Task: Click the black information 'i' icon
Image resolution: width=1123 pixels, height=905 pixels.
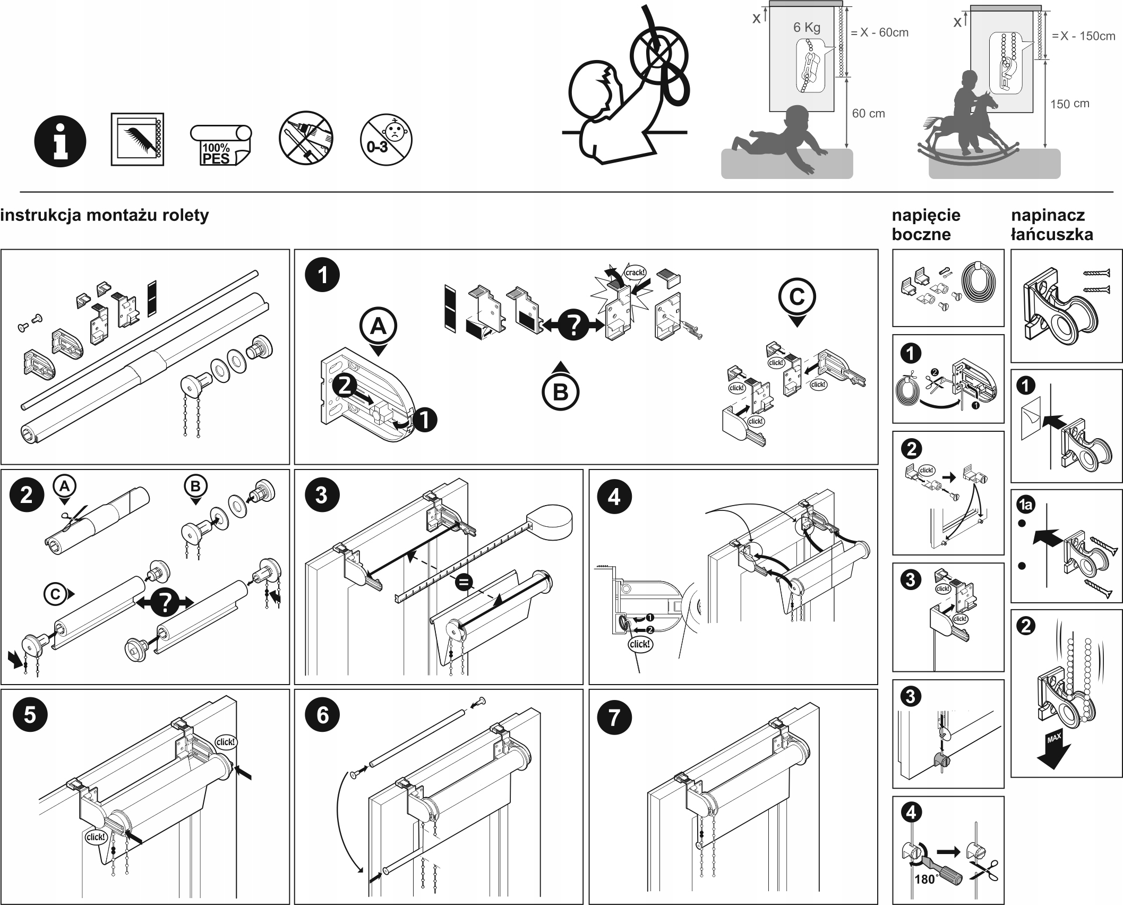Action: (x=60, y=141)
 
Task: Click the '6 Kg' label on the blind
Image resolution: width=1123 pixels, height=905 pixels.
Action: (x=807, y=28)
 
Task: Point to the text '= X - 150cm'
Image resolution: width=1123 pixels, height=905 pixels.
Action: (x=1083, y=36)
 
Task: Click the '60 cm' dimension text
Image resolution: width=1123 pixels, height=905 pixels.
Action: (x=868, y=113)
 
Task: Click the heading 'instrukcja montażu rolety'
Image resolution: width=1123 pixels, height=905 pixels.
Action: (x=105, y=216)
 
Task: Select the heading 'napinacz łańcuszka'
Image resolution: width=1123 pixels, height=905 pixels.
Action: (x=1051, y=225)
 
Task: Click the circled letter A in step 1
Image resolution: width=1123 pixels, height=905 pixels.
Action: (x=378, y=326)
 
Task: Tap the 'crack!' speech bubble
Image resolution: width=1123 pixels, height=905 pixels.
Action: (x=635, y=272)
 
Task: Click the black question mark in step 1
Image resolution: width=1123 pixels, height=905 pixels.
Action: (x=573, y=324)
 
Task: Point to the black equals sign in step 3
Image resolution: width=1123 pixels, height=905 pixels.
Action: (x=464, y=583)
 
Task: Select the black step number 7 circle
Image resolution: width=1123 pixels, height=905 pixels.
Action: (x=614, y=717)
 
